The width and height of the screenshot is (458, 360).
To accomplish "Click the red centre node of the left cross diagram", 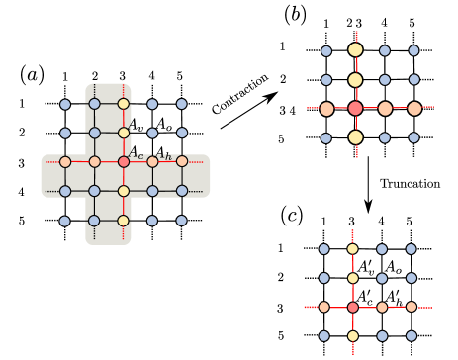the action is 124,162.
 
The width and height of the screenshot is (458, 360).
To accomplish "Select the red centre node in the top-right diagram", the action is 355,109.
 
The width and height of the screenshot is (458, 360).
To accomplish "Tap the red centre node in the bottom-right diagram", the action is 353,308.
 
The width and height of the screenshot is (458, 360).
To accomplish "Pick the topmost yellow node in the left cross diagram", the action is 124,104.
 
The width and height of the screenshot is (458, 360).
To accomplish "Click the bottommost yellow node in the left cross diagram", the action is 124,221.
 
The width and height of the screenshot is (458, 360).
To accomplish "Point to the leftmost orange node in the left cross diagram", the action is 65,162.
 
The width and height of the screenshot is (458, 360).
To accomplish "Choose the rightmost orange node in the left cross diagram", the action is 182,161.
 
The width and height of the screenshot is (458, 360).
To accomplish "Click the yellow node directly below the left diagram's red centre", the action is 124,191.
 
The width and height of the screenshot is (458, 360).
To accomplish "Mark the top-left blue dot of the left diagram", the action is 65,104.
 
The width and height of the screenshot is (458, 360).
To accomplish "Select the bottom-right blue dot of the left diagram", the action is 182,221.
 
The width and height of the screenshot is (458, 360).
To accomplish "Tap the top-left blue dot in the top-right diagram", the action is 326,51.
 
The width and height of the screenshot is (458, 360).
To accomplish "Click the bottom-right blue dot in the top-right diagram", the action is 414,138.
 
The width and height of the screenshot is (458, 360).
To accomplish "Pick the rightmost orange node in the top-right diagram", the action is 414,109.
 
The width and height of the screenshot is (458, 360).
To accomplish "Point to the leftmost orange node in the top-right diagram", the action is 326,109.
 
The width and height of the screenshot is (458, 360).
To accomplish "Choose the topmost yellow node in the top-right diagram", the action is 355,49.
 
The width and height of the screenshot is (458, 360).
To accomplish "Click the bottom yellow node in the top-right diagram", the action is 355,137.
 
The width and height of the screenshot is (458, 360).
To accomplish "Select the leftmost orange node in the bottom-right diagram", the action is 323,308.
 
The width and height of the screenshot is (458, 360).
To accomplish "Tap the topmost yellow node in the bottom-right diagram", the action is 353,249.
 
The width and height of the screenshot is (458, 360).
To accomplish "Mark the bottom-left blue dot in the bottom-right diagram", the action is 323,336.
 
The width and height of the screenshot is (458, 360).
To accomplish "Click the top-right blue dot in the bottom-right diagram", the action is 412,249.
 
